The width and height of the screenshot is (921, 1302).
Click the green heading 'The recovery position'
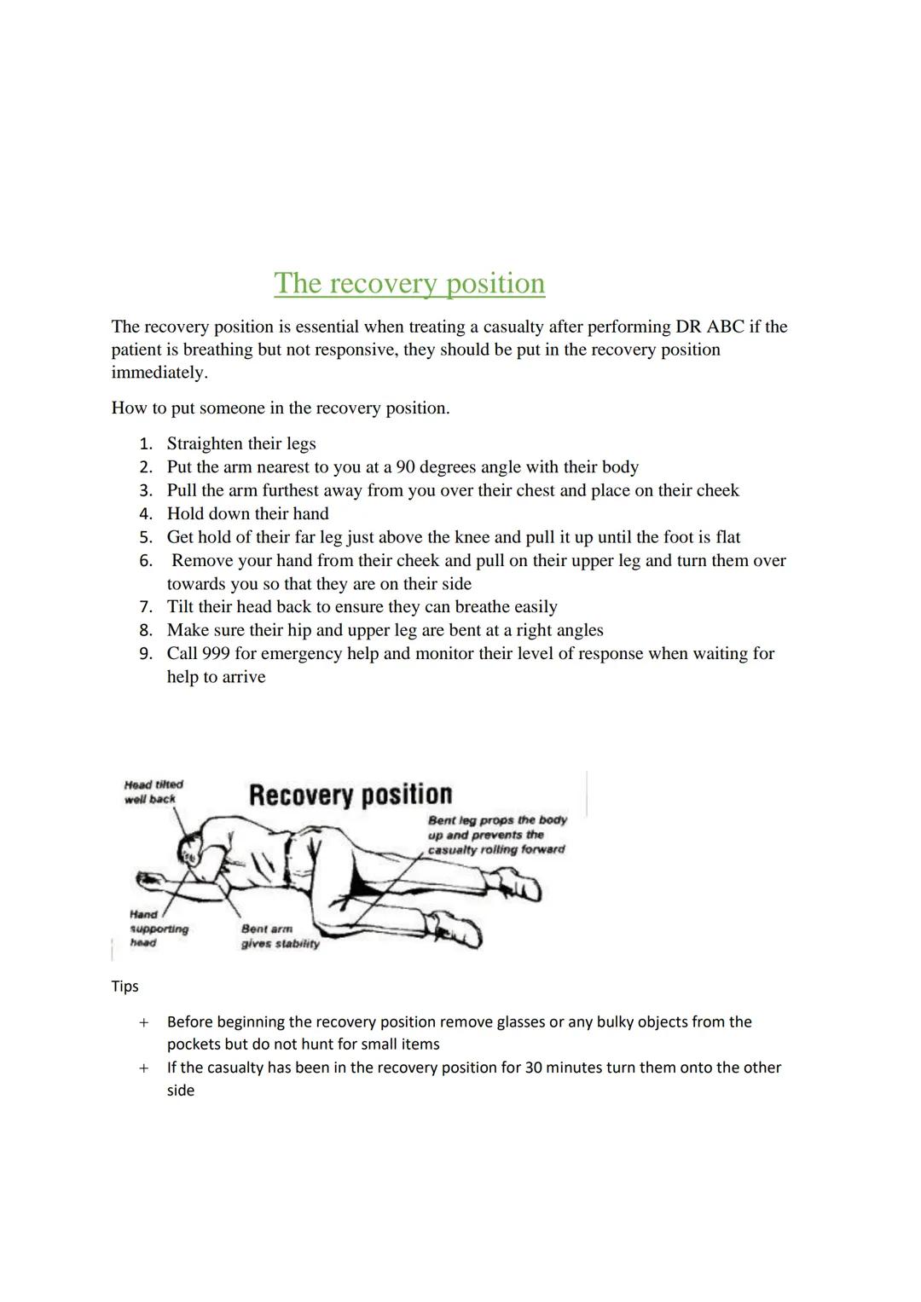pos(409,284)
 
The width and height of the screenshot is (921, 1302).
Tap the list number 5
pos(146,537)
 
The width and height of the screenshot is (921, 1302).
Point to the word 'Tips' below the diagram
pos(125,987)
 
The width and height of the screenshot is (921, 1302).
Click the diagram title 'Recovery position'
pos(350,795)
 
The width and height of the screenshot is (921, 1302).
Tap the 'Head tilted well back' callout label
pos(153,792)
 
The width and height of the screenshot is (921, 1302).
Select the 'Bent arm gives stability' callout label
pos(280,936)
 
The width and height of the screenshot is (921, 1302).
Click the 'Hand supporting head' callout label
pos(159,929)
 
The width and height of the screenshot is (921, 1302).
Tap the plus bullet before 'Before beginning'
pos(144,1022)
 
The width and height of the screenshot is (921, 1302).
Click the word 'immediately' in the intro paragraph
pos(159,373)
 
